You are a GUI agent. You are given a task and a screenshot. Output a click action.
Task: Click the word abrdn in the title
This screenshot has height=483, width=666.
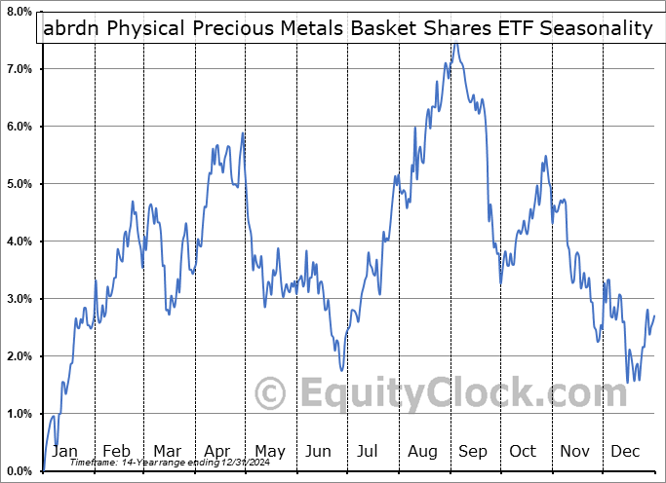(72, 28)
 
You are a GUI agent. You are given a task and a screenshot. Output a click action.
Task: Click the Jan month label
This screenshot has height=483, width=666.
(65, 452)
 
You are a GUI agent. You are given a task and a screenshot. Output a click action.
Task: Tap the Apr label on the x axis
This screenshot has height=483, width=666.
(217, 452)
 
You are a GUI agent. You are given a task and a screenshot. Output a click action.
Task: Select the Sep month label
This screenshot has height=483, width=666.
(473, 452)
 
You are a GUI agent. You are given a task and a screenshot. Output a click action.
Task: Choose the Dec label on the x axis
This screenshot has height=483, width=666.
(626, 452)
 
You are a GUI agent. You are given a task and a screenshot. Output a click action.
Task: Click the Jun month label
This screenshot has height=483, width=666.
(320, 452)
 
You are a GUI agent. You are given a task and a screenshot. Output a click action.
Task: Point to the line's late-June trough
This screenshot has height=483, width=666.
(341, 370)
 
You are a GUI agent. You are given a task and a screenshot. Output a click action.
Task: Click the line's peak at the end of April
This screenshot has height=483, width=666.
(243, 132)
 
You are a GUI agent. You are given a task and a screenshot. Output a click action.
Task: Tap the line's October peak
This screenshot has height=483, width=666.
(545, 156)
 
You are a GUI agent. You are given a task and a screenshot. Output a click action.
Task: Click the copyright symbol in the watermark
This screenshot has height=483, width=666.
(270, 394)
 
